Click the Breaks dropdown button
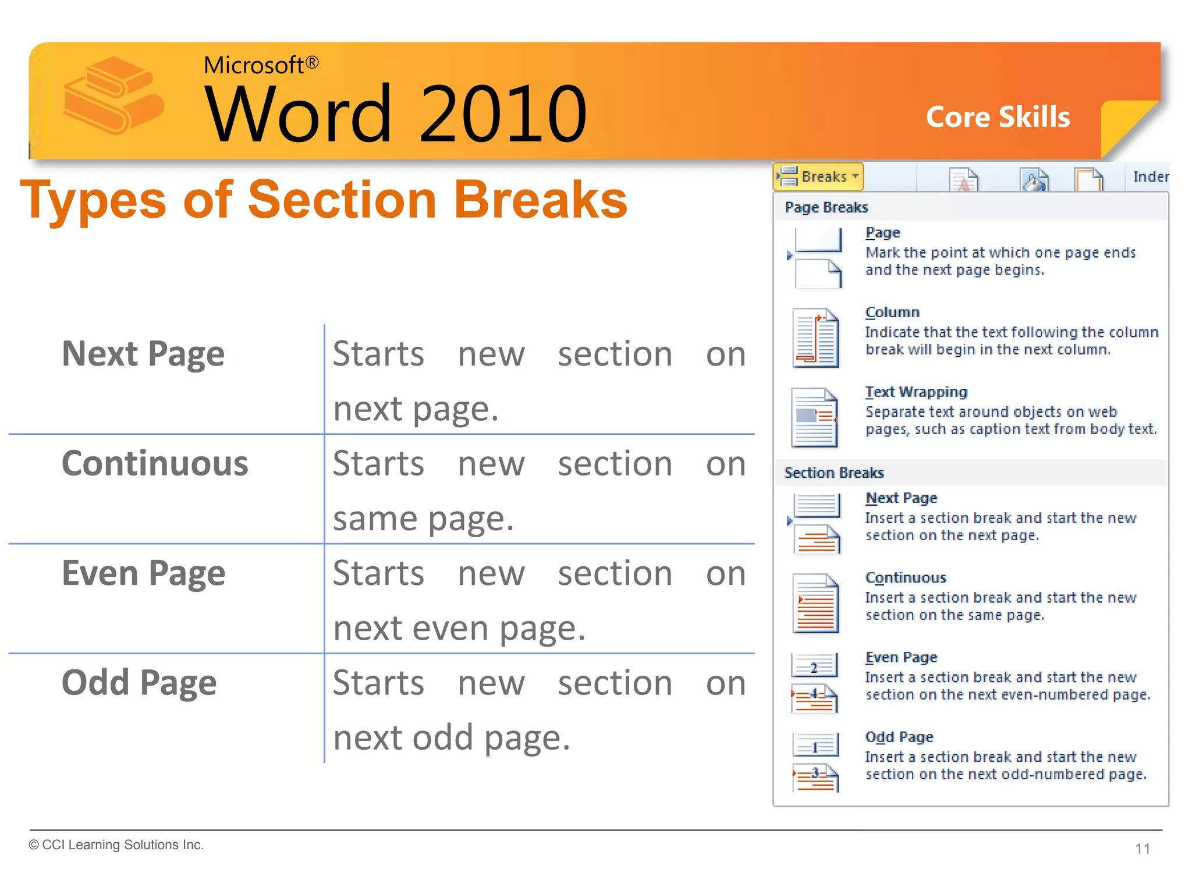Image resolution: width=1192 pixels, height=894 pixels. click(818, 176)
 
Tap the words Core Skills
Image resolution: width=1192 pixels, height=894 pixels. click(998, 117)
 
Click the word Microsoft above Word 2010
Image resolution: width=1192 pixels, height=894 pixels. click(254, 65)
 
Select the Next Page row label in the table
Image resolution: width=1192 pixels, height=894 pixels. click(143, 354)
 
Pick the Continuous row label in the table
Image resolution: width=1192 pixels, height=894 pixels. click(155, 464)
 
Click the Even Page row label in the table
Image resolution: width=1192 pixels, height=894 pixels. click(143, 574)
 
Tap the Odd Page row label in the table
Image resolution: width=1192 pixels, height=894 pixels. click(139, 683)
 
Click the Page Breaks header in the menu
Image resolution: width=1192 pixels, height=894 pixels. click(826, 208)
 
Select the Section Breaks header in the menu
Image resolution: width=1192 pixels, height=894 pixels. click(833, 473)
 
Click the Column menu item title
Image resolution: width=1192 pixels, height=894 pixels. click(892, 313)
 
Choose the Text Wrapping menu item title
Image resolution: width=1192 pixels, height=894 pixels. click(916, 392)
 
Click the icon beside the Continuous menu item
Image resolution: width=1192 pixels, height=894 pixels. click(815, 603)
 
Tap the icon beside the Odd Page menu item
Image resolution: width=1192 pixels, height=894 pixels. click(815, 762)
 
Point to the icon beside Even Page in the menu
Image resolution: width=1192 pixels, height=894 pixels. click(815, 683)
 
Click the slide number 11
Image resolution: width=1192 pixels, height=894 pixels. click(1142, 849)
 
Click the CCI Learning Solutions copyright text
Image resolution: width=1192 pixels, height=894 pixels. click(116, 845)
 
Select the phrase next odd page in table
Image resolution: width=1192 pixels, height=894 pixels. click(451, 738)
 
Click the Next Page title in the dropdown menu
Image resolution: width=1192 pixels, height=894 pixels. click(901, 498)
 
